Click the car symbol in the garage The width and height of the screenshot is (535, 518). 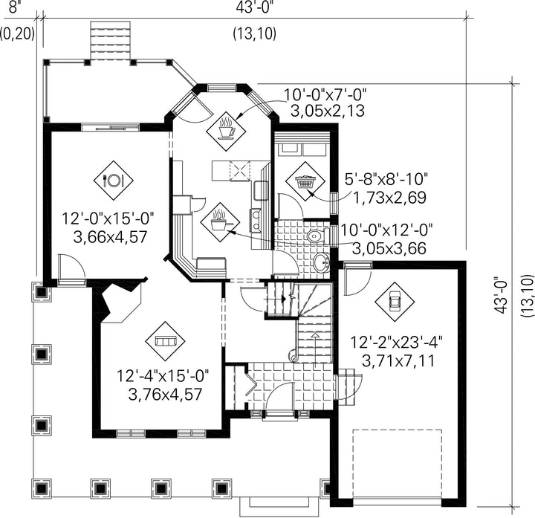click(x=395, y=302)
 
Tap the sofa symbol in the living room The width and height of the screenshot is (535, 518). click(x=165, y=341)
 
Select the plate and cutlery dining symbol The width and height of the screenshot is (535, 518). click(x=113, y=181)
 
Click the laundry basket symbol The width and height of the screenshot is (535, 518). click(x=305, y=181)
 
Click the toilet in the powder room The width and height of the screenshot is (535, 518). click(x=318, y=236)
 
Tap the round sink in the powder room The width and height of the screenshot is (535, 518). click(x=321, y=263)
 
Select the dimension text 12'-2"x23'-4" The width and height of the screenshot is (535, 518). click(x=397, y=343)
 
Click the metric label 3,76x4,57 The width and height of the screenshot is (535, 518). click(x=165, y=395)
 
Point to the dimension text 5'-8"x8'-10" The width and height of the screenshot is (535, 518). click(x=386, y=179)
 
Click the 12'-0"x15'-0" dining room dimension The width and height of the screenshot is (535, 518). click(x=108, y=218)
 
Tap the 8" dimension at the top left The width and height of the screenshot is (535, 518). click(x=13, y=7)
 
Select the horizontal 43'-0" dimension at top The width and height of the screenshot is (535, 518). click(x=254, y=7)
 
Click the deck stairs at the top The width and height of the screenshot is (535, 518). click(x=111, y=41)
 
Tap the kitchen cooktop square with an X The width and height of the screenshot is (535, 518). click(x=240, y=170)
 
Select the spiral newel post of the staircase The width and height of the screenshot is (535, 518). click(x=293, y=355)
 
